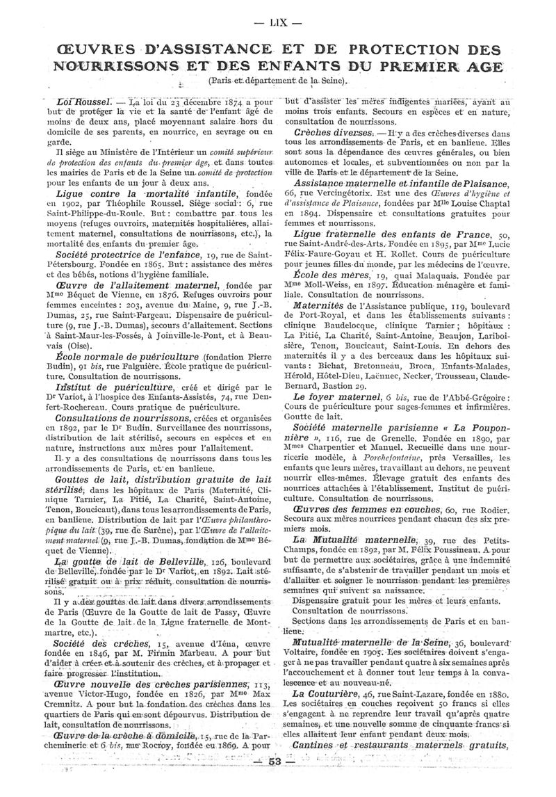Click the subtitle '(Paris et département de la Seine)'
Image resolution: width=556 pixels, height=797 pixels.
pyautogui.click(x=278, y=83)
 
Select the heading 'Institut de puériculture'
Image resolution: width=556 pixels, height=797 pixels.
pyautogui.click(x=115, y=386)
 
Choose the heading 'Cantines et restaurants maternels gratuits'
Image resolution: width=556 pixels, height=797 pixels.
pyautogui.click(x=401, y=748)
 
